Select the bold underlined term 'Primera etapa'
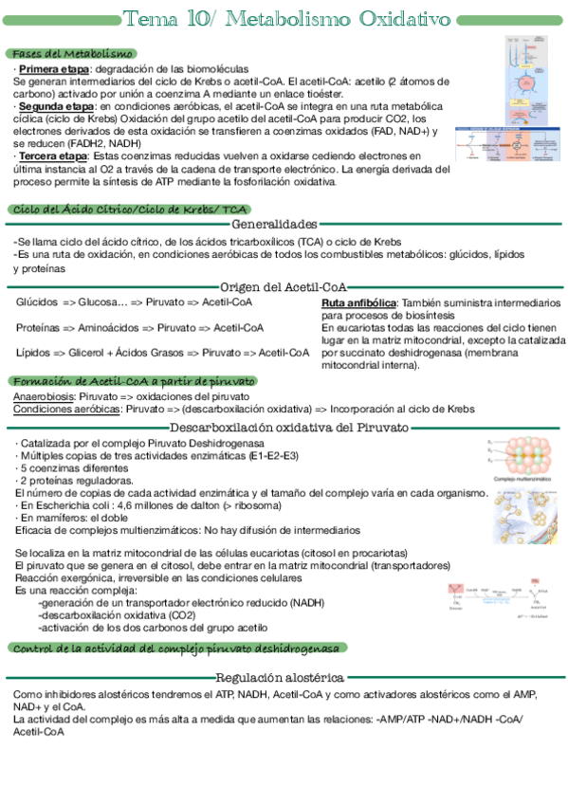(x=53, y=69)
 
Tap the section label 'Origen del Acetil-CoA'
(x=284, y=286)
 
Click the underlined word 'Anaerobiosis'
(x=44, y=395)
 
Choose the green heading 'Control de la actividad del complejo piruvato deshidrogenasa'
(x=175, y=648)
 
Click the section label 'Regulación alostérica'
(x=279, y=678)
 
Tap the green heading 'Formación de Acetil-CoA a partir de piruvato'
(x=133, y=380)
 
